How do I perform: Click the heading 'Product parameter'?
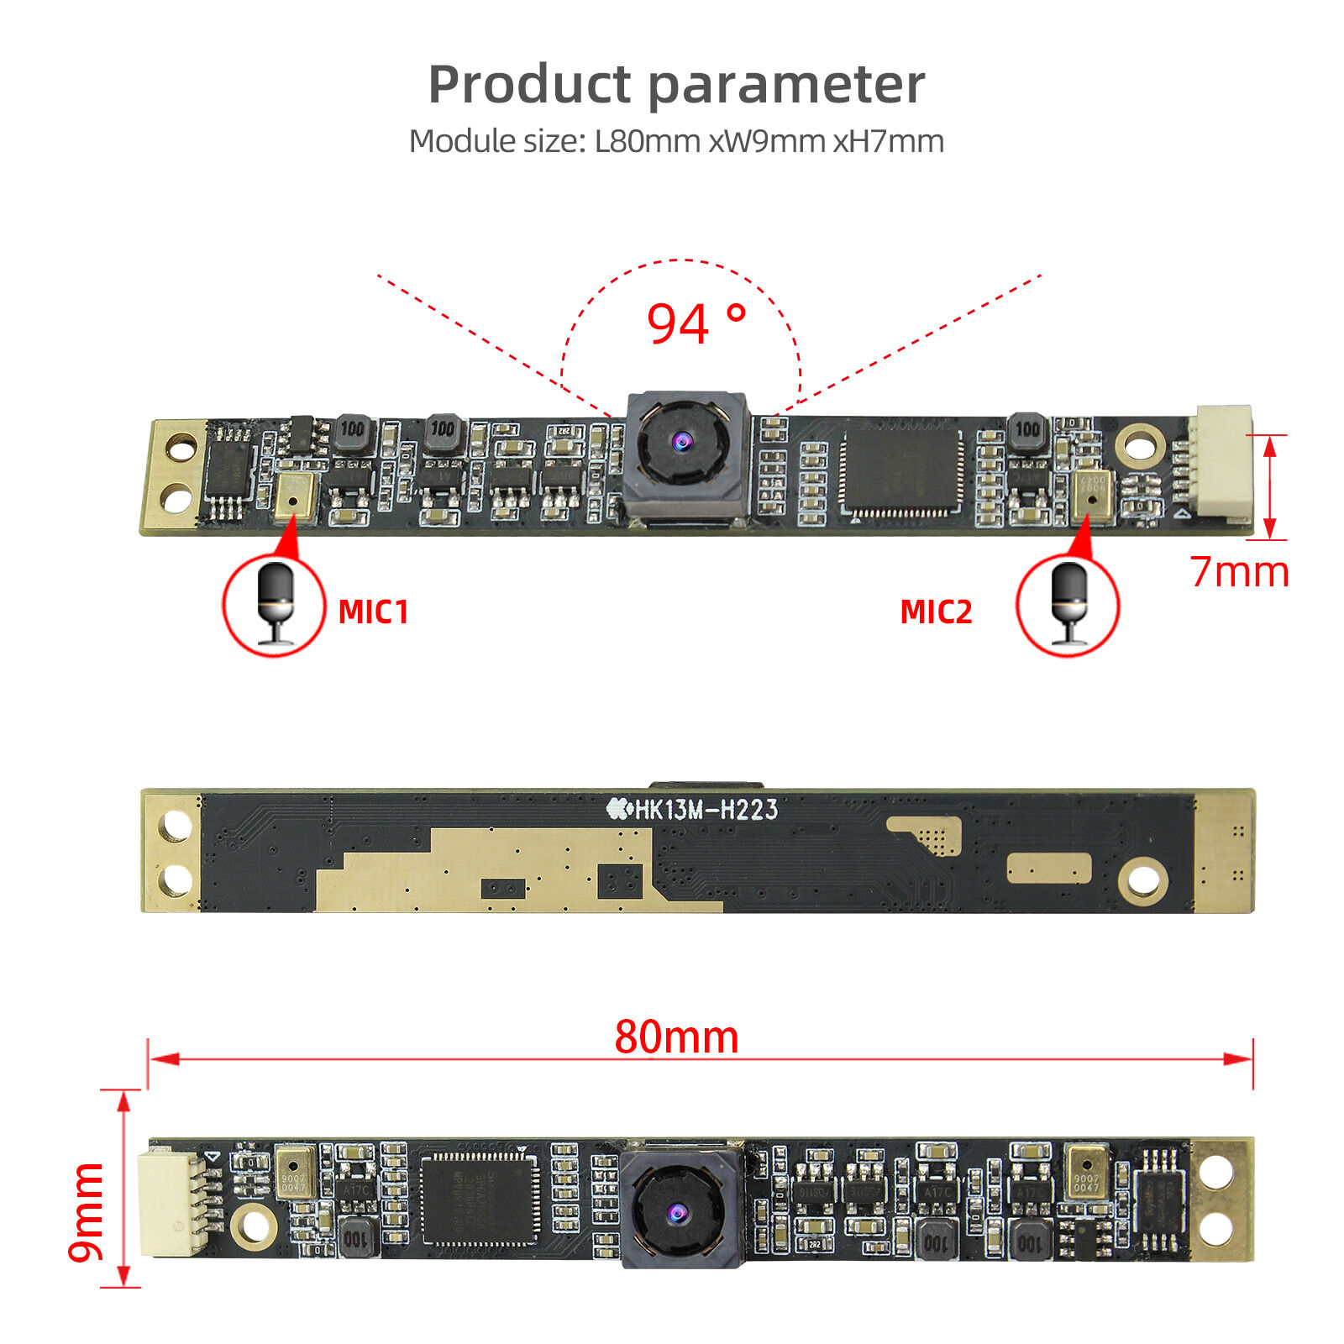[x=676, y=85]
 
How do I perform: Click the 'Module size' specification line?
[x=676, y=141]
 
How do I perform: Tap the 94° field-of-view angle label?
[x=696, y=324]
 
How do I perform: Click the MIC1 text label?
[x=373, y=612]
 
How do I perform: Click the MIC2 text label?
[x=936, y=612]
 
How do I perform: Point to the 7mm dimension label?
[x=1239, y=572]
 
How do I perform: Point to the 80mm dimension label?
[x=676, y=1037]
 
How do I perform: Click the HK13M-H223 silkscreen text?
[x=693, y=809]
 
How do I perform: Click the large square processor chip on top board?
[x=901, y=472]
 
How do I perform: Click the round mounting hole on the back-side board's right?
[x=1142, y=880]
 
